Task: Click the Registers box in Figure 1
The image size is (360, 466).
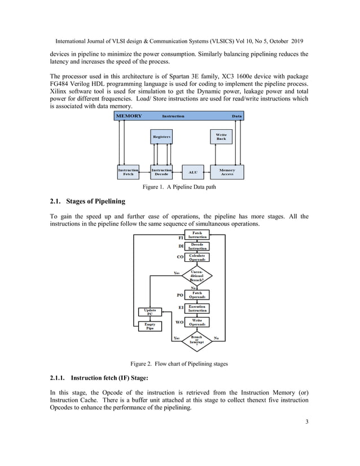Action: coord(161,137)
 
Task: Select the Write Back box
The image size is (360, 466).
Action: coord(221,137)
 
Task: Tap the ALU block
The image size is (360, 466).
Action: coord(192,172)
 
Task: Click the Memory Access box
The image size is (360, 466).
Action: coord(227,172)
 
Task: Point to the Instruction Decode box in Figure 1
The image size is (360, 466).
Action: coord(161,172)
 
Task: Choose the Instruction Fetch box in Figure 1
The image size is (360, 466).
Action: coord(128,172)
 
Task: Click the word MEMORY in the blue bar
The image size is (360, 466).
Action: coord(129,116)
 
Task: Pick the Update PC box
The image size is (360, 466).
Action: coord(150,312)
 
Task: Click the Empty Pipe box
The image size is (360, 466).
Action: coord(150,326)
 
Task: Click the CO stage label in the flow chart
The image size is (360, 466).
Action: coord(181,257)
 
